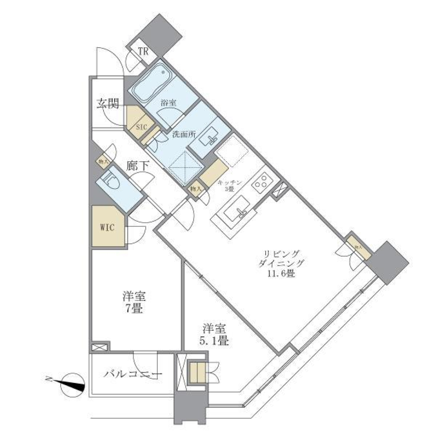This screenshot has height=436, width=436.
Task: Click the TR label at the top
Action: (144, 51)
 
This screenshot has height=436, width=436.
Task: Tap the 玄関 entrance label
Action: (107, 104)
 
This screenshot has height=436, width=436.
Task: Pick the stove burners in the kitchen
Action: (261, 181)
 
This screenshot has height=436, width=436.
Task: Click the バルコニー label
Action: (133, 375)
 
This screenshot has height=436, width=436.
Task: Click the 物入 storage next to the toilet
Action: (103, 161)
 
